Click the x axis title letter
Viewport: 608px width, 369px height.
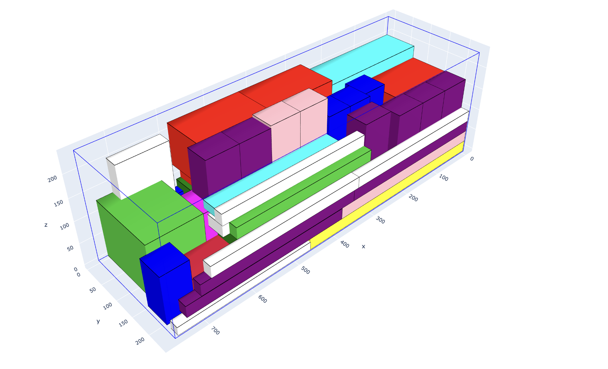pyautogui.click(x=363, y=246)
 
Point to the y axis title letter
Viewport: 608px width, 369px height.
pyautogui.click(x=98, y=321)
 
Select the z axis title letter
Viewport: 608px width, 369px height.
pyautogui.click(x=46, y=225)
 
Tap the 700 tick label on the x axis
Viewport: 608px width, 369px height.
pyautogui.click(x=215, y=331)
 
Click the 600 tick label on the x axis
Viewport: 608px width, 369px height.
pyautogui.click(x=263, y=299)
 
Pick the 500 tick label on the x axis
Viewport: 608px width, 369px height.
pyautogui.click(x=305, y=270)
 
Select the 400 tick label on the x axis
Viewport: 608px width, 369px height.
pyautogui.click(x=345, y=244)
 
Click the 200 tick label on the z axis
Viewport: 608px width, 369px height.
pyautogui.click(x=52, y=179)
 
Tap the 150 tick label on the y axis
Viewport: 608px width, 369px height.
pyautogui.click(x=123, y=323)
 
